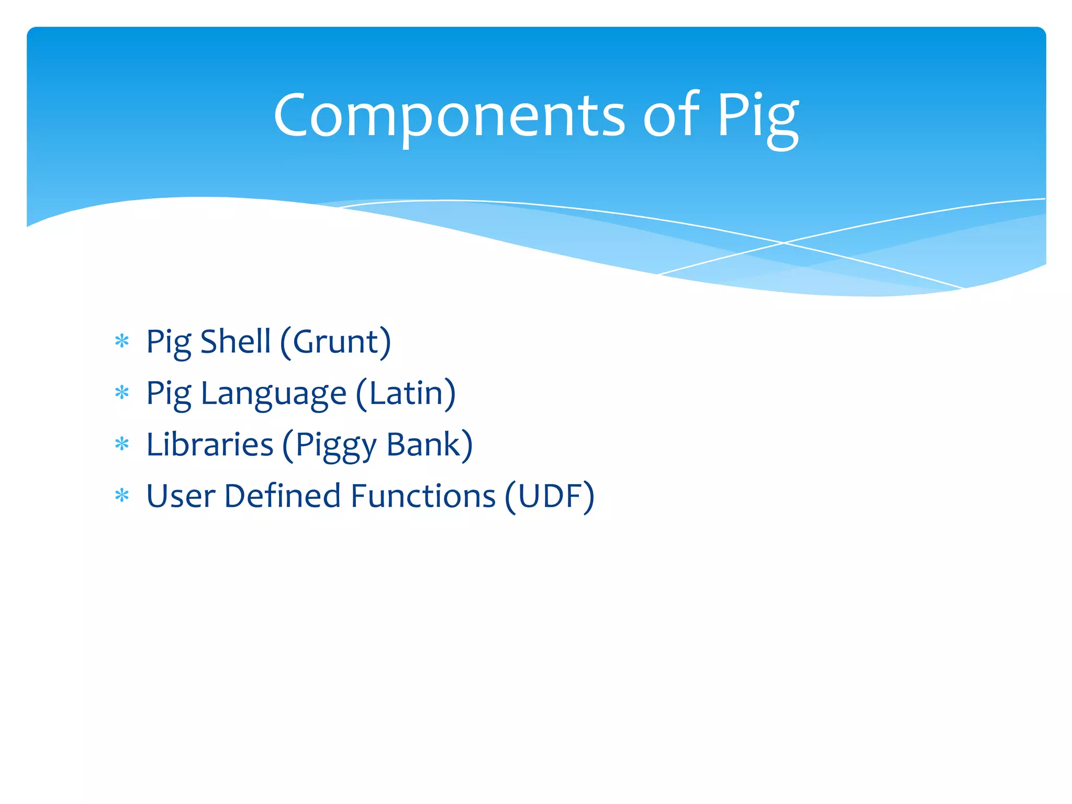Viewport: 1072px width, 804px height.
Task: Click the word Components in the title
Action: click(x=449, y=116)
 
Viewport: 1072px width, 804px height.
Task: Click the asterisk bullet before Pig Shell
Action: click(x=122, y=342)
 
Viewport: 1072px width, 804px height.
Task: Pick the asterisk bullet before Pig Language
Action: click(x=122, y=393)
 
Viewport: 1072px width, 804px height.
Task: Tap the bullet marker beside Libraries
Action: click(x=122, y=444)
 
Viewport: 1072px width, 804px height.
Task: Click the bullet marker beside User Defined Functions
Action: click(x=122, y=495)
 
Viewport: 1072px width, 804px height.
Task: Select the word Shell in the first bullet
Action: click(x=236, y=341)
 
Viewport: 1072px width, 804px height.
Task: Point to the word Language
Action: click(x=273, y=394)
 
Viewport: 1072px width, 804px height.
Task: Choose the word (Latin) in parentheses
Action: click(x=406, y=394)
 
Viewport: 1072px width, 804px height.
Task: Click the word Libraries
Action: click(x=210, y=444)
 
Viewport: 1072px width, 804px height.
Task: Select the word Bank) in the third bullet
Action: click(x=430, y=445)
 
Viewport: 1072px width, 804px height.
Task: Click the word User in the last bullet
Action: click(x=181, y=496)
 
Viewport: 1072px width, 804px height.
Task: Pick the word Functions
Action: click(x=423, y=496)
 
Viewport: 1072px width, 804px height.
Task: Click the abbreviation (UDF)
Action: click(x=550, y=496)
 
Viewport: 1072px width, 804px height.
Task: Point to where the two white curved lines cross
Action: click(x=784, y=243)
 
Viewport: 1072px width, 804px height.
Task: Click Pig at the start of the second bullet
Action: click(x=168, y=394)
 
